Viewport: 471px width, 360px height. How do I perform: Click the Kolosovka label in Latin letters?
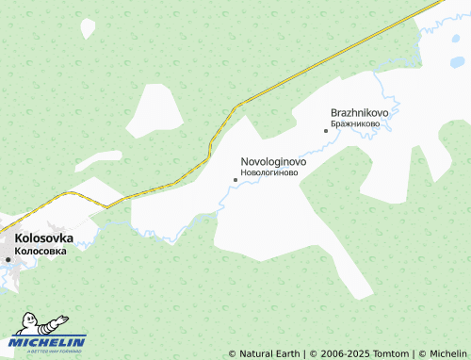[44, 238]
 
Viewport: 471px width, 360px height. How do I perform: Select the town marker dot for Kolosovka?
[8, 259]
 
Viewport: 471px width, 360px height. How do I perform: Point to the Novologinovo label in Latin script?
[273, 161]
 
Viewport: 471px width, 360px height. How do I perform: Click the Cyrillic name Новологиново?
[270, 173]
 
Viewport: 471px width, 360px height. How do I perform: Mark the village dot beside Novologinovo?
[235, 179]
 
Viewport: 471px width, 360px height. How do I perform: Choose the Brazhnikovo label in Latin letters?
[360, 112]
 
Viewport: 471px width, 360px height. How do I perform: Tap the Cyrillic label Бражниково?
[355, 123]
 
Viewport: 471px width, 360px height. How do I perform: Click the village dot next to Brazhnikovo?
[326, 130]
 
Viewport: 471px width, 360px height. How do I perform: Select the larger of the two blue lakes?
[457, 63]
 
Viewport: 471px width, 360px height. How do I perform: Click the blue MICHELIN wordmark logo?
[49, 341]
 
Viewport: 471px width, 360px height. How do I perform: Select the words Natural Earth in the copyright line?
[269, 354]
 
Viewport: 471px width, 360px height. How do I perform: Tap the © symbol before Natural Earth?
[233, 354]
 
